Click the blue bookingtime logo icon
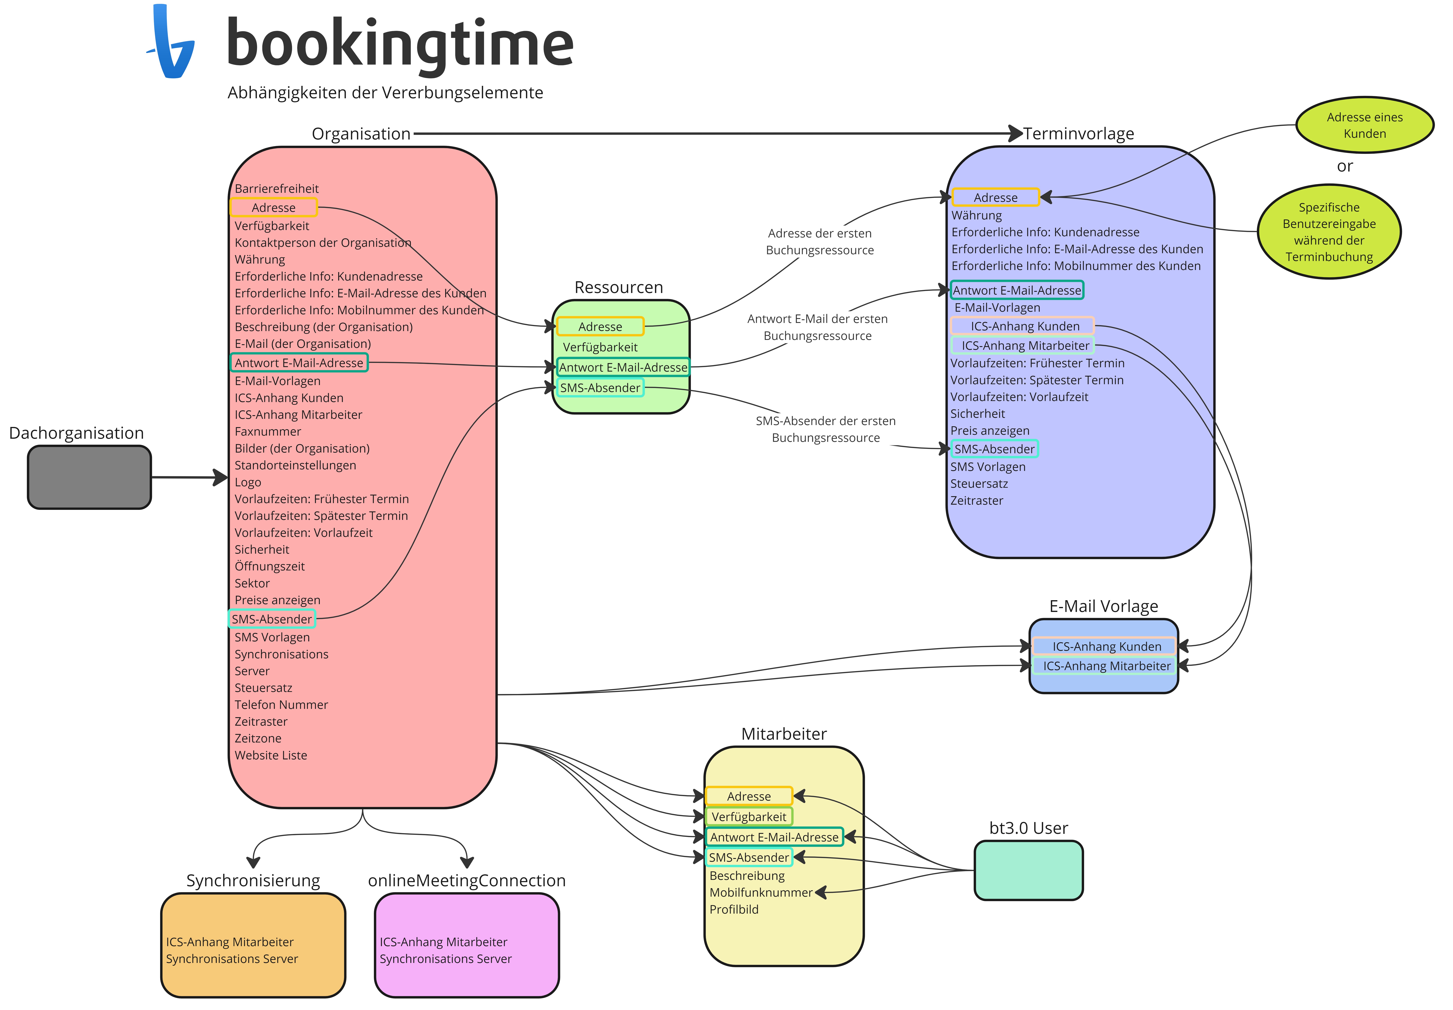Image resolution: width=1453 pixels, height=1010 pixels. pos(171,42)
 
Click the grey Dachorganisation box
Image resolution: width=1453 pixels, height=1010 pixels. pos(89,477)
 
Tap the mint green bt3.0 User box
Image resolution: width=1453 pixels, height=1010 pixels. pos(1028,870)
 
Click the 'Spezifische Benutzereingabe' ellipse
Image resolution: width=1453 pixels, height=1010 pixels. pos(1329,232)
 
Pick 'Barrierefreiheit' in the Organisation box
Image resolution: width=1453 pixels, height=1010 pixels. pos(277,189)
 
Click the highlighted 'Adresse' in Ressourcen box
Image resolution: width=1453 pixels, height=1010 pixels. pos(600,327)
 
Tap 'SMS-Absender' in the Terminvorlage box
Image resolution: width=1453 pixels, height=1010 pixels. pos(994,449)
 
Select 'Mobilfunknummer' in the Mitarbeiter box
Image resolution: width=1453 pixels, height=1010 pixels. pos(761,892)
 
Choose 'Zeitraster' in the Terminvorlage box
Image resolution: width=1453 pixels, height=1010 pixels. pos(976,501)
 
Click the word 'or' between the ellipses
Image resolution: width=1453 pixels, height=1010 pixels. pos(1345,166)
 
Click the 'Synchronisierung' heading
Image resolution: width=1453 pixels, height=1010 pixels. pos(253,880)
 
